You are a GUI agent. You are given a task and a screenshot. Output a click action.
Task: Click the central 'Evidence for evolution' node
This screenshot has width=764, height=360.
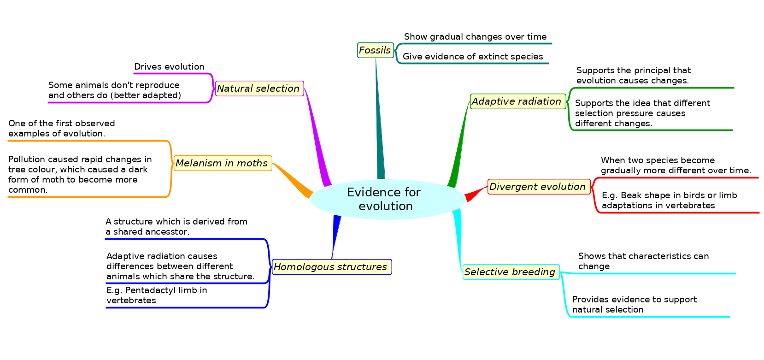pos(386,199)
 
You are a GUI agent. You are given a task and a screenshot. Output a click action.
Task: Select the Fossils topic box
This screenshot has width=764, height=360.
pos(375,50)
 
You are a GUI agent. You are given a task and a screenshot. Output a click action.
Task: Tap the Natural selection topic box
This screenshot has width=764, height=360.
pos(259,89)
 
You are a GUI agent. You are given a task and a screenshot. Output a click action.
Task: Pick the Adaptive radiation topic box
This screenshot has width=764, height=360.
pos(517,101)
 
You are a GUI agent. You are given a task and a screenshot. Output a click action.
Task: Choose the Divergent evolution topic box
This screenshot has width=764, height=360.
pos(538,187)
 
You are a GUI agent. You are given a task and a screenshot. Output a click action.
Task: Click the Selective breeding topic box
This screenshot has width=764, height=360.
pos(511,272)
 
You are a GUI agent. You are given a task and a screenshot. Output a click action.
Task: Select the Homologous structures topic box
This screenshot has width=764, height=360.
pos(331,267)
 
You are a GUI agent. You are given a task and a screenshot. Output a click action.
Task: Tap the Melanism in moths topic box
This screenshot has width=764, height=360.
pos(223,163)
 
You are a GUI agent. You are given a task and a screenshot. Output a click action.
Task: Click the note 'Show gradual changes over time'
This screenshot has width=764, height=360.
pos(475,37)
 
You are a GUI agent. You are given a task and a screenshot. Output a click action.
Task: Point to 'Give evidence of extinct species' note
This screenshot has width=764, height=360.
pos(473,57)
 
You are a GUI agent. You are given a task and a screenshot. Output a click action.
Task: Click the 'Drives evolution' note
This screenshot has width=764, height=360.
pos(169,67)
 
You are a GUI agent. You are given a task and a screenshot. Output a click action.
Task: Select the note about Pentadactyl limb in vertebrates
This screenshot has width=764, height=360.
pos(157,295)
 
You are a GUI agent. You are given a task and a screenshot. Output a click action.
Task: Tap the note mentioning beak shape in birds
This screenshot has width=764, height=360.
pos(669,201)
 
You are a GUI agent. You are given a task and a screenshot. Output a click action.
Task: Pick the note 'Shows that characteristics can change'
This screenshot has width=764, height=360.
pos(643,261)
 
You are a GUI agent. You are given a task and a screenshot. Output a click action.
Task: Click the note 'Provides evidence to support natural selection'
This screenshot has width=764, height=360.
pos(634,305)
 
